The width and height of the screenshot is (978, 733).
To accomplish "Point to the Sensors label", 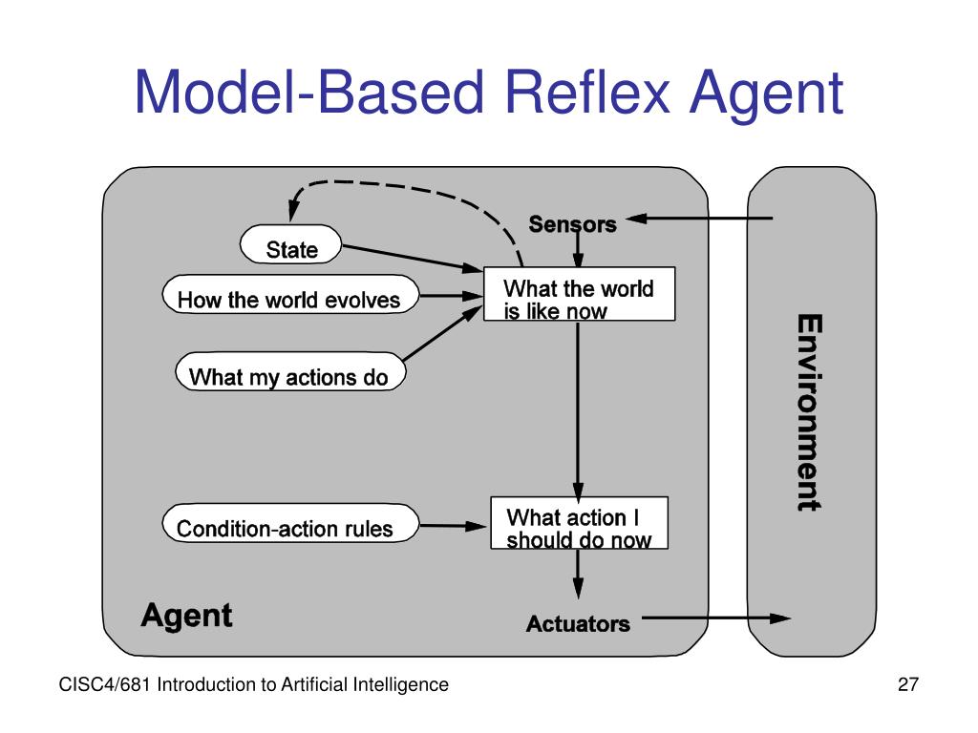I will point(572,224).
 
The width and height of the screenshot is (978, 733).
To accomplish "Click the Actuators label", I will point(578,624).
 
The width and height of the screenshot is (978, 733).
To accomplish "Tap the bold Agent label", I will point(186,616).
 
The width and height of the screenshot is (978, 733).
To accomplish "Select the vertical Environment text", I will point(808,412).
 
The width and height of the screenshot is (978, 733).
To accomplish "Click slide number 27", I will point(907,684).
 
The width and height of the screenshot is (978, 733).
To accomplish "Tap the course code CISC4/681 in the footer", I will point(105,684).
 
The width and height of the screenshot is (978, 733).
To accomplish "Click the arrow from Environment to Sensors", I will point(702,219).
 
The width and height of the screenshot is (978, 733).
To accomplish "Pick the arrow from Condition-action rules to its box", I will point(454,525).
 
